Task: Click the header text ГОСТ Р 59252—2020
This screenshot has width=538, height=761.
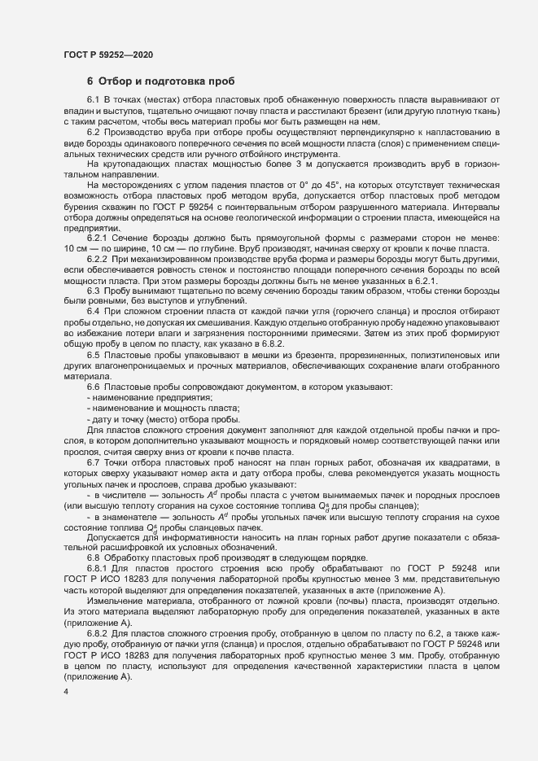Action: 108,55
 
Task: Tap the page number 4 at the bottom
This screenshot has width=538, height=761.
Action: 66,692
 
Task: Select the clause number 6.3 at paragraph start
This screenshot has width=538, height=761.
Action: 93,291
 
